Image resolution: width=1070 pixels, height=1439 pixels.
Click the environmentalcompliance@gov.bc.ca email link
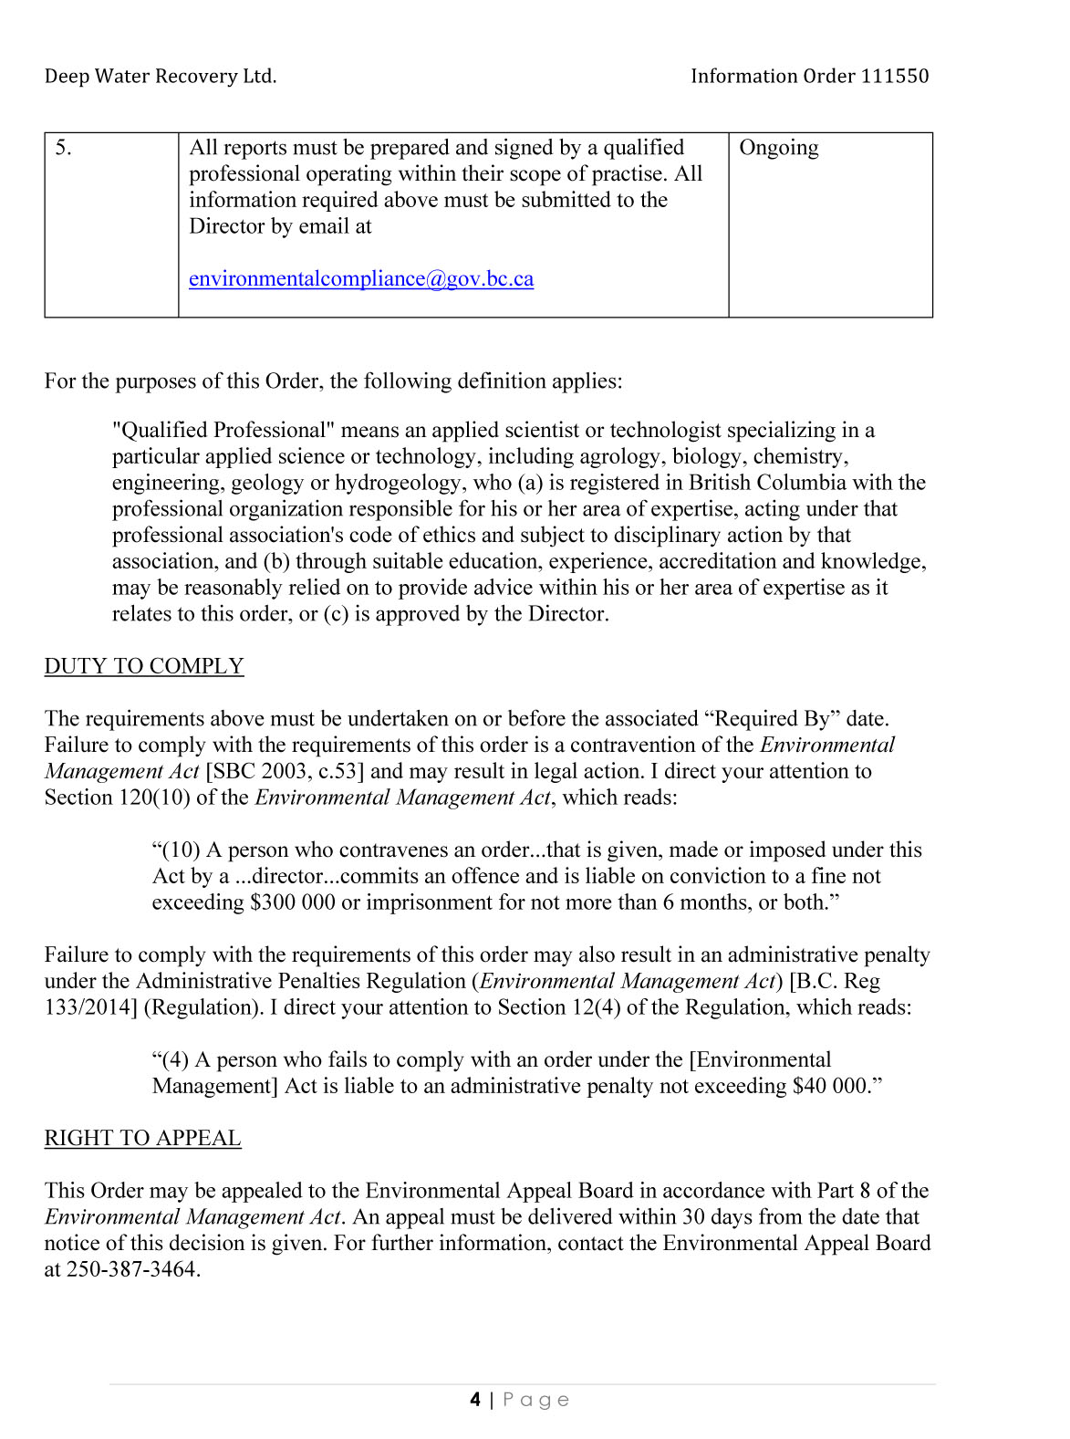click(x=360, y=279)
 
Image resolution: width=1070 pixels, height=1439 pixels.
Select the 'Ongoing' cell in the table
click(x=778, y=148)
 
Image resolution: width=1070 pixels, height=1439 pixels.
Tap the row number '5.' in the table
click(x=63, y=148)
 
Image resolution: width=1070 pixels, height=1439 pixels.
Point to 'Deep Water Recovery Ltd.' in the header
click(x=160, y=77)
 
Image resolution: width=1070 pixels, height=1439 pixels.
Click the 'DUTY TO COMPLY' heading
click(x=144, y=666)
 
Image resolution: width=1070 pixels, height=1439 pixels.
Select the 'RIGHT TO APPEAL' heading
click(x=142, y=1138)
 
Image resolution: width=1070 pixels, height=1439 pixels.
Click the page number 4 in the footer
click(x=475, y=1400)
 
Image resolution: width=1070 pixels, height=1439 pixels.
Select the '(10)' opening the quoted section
click(x=180, y=850)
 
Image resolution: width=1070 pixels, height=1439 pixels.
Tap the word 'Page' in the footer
click(x=535, y=1400)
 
